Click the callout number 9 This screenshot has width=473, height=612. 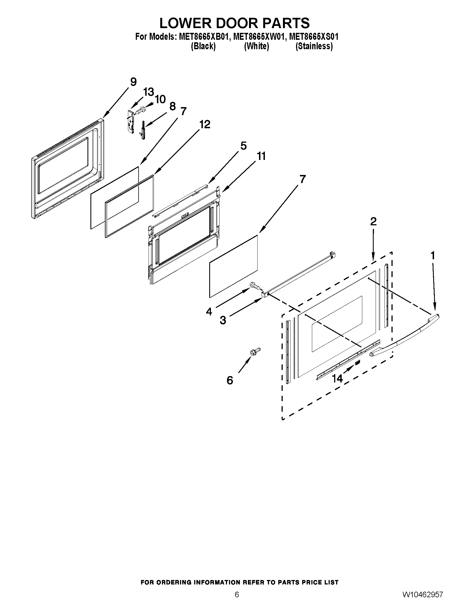click(133, 82)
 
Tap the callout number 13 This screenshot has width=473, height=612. click(149, 92)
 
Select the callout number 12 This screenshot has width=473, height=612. click(205, 124)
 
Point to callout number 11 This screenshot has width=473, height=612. click(261, 156)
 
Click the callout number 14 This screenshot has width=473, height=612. click(337, 379)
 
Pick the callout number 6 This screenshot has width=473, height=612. click(230, 380)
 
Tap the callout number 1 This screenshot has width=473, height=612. click(433, 255)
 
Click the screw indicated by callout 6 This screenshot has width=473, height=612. click(255, 351)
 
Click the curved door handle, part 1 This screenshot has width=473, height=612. click(406, 336)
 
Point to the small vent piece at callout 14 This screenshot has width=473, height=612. click(357, 363)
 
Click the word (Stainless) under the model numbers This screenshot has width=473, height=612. click(314, 46)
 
